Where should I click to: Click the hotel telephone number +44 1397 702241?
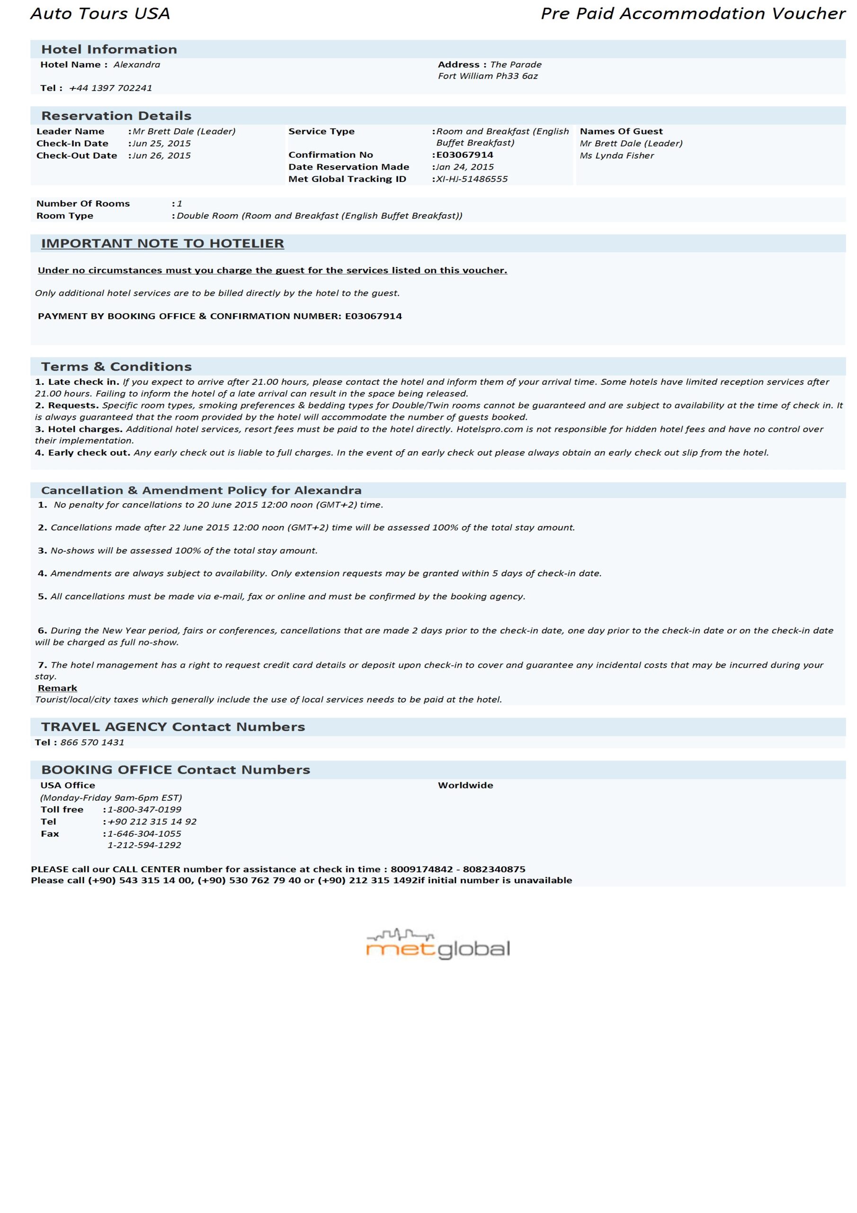(110, 88)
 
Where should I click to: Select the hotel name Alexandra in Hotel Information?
(137, 65)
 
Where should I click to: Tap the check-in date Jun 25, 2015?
(161, 144)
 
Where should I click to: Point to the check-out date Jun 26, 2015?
(161, 156)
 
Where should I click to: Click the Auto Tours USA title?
(100, 14)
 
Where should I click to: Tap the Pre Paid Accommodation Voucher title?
(692, 14)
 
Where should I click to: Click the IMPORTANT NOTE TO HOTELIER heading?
(162, 244)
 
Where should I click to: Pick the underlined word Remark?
(58, 688)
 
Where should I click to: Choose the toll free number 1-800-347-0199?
(144, 809)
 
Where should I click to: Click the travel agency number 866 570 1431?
(92, 742)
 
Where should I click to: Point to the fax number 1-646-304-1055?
(144, 833)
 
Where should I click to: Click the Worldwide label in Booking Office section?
(465, 786)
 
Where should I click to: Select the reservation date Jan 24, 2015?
(464, 167)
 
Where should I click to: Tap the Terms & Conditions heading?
(116, 367)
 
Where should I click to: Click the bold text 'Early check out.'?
(89, 453)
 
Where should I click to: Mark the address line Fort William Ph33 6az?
(488, 76)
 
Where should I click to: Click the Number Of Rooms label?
(83, 204)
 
